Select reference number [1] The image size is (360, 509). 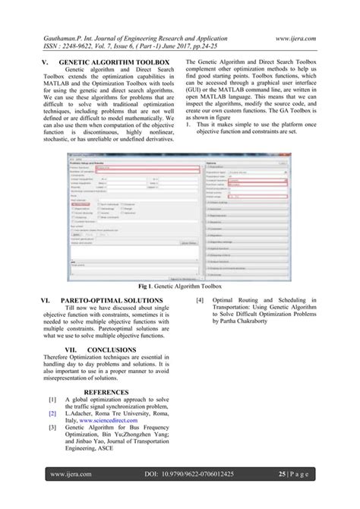coord(52,399)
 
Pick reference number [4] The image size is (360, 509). coord(200,301)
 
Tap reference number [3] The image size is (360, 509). coord(52,428)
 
